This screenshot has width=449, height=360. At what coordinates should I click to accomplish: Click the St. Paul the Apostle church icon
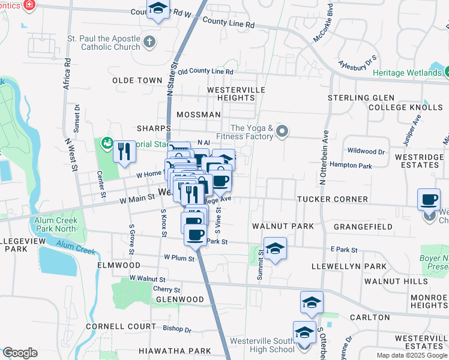click(x=149, y=43)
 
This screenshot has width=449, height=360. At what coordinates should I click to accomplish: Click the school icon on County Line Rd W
click(x=158, y=9)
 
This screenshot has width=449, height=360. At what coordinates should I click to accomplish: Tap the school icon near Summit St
click(x=274, y=248)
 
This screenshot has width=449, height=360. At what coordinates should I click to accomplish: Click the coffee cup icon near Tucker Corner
click(x=429, y=200)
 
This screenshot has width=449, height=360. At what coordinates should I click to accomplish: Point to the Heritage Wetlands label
click(x=406, y=73)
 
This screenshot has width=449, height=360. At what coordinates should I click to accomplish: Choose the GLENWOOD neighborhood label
click(x=180, y=299)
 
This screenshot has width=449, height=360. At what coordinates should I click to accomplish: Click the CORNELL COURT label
click(x=112, y=327)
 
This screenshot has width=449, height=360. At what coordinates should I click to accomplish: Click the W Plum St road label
click(x=179, y=259)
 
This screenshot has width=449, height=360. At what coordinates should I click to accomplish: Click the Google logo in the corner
click(x=20, y=353)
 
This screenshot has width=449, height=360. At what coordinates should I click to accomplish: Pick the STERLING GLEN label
click(x=361, y=98)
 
